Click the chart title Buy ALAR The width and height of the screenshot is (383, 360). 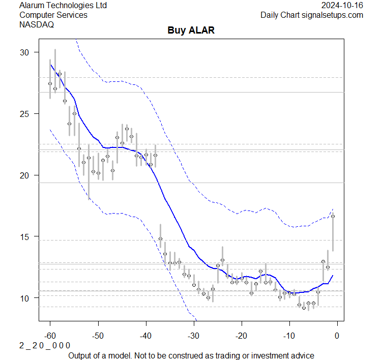coord(191,31)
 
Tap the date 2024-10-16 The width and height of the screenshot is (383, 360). coord(342,5)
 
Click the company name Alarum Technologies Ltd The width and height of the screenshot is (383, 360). coord(63,5)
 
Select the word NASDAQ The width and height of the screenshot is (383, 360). coord(37,24)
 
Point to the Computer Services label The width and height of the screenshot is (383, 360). coord(53,15)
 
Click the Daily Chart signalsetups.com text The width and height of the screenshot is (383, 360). coord(312,15)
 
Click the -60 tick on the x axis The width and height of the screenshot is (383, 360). coord(50,335)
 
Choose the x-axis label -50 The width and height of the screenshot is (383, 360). coord(98,335)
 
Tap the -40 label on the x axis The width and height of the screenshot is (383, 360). coord(145,335)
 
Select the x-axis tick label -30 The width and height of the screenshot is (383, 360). coord(193,335)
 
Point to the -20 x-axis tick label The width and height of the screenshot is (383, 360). coord(241,335)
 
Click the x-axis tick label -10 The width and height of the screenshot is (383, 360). coord(289,335)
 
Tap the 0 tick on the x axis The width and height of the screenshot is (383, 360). coord(337,335)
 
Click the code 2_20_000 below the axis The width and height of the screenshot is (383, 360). coord(45,345)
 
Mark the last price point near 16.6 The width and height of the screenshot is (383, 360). coord(333,216)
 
